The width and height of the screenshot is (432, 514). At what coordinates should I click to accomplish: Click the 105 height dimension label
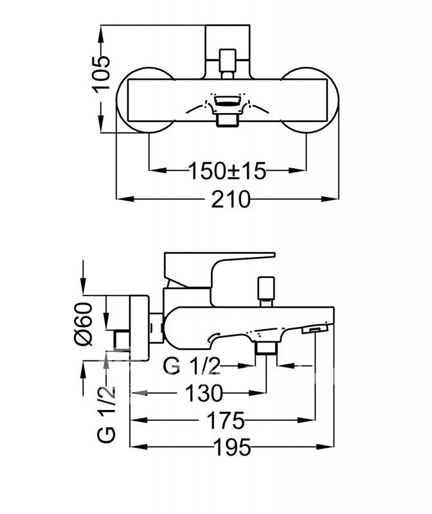point(101,74)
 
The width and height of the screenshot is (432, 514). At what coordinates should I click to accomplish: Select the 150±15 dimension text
point(228,171)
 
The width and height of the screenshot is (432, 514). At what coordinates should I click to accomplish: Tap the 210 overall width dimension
point(231,199)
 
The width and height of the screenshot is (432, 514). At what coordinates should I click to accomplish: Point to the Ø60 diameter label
point(84,324)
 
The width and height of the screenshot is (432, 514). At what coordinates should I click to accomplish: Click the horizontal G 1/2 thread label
point(191,366)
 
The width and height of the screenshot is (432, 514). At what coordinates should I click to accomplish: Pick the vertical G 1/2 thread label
point(107,414)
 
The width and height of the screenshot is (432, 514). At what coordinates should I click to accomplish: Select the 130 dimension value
point(204,393)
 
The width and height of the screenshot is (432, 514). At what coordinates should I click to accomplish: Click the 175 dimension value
point(226,420)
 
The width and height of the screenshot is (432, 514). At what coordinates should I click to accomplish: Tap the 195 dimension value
point(232,447)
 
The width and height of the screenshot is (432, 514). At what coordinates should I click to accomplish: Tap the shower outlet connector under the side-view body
point(266,348)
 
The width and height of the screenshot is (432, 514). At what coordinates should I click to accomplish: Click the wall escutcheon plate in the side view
point(139,328)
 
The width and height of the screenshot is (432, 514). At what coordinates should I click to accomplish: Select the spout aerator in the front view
point(228,100)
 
